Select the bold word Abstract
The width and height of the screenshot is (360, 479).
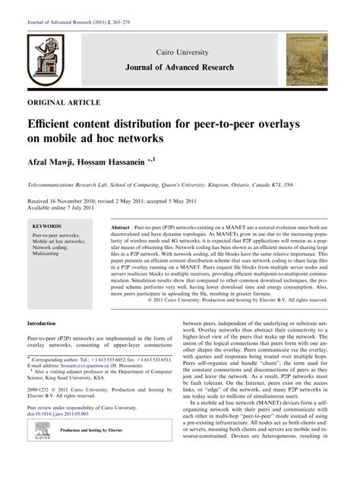pyautogui.click(x=120, y=228)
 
